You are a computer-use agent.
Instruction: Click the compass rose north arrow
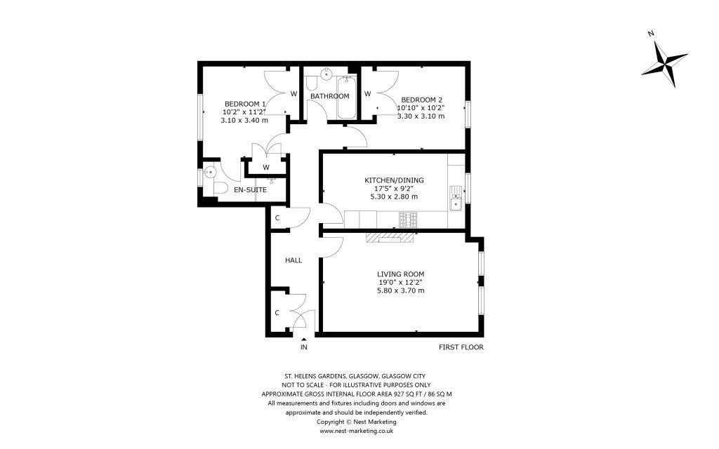coord(664,59)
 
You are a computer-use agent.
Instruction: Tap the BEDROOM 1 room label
coord(245,102)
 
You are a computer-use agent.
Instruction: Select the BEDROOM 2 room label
coord(421,99)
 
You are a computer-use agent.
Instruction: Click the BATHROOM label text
coord(330,96)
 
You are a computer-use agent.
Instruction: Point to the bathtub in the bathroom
coord(346,98)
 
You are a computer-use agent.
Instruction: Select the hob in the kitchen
coord(408,220)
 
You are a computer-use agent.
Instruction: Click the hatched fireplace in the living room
coord(390,238)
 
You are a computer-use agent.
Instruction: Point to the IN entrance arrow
coord(304,340)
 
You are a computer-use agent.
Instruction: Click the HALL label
coord(293,260)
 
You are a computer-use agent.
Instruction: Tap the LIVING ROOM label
coord(401,274)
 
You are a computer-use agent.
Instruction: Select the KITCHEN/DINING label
coord(394,180)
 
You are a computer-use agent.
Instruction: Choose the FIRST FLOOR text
coord(461,347)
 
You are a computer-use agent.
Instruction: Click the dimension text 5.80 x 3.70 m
coord(401,290)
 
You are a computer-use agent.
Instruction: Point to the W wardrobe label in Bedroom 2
coord(367,95)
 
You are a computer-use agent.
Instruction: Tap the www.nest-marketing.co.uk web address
coord(356,431)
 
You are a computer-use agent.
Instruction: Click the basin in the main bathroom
coord(328,72)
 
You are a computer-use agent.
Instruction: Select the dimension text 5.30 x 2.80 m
coord(394,197)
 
